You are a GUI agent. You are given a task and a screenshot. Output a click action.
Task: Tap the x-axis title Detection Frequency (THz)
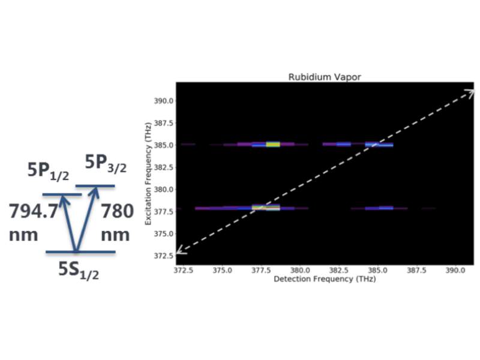pyautogui.click(x=324, y=280)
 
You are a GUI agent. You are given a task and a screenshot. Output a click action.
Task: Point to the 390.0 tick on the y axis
pyautogui.click(x=165, y=101)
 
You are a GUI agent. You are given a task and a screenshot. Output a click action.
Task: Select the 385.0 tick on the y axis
pyautogui.click(x=165, y=145)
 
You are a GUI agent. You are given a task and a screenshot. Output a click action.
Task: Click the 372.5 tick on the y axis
pyautogui.click(x=165, y=256)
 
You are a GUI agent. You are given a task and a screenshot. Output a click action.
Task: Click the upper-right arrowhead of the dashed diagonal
pyautogui.click(x=470, y=92)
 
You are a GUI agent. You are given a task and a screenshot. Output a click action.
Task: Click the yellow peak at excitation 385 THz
pyautogui.click(x=273, y=144)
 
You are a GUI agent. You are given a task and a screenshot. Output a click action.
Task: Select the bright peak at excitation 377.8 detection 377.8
pyautogui.click(x=266, y=208)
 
